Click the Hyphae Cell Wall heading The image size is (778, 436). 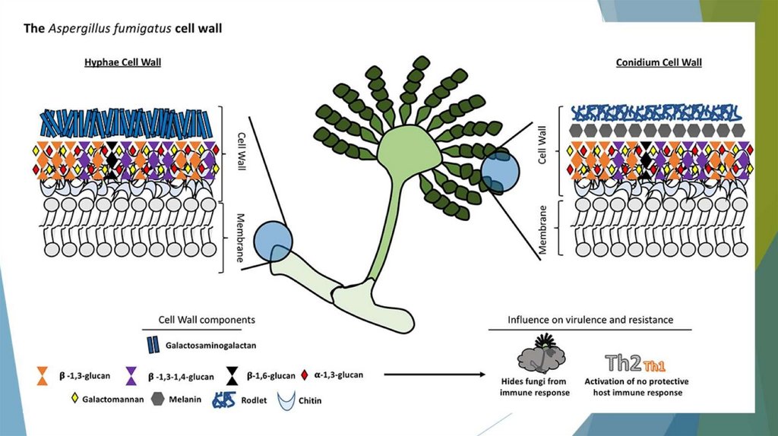[x=128, y=62]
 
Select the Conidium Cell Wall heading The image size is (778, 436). [x=658, y=62]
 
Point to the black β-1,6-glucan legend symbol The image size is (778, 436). [x=231, y=374]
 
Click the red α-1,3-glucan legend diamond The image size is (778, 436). [x=305, y=374]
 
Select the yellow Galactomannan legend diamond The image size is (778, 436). [x=74, y=397]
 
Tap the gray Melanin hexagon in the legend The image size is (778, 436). [x=158, y=397]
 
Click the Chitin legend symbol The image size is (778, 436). [x=287, y=398]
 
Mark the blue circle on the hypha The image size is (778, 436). [x=273, y=240]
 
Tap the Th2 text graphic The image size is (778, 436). [x=621, y=362]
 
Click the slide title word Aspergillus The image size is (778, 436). [x=80, y=28]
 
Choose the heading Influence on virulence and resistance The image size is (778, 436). [x=590, y=320]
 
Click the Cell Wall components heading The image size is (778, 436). [x=206, y=320]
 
